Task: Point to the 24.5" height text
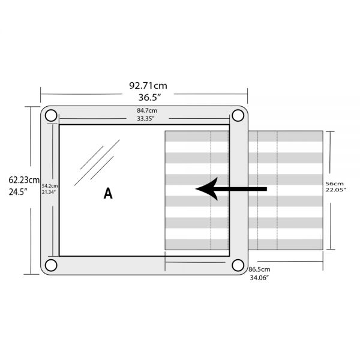[19, 192]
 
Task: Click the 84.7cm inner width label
[147, 110]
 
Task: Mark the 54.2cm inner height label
[49, 186]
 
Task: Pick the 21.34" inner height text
[49, 192]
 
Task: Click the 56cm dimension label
[334, 183]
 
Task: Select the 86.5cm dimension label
[259, 270]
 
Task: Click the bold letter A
[108, 193]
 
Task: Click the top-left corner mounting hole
[51, 115]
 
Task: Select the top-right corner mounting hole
[238, 115]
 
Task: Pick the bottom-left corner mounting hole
[51, 265]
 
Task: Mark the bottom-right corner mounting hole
[238, 265]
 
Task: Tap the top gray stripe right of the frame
[285, 136]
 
